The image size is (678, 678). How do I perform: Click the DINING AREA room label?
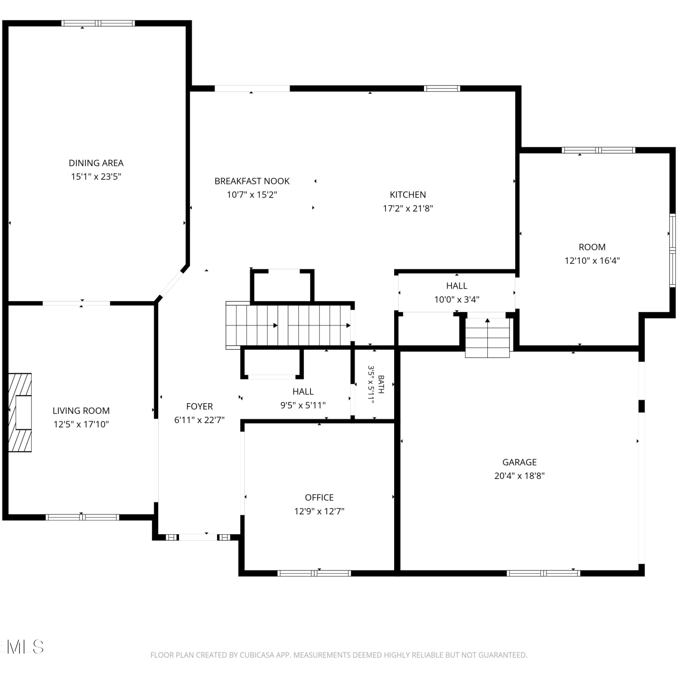coord(96,163)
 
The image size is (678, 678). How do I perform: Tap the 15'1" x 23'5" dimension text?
coord(96,176)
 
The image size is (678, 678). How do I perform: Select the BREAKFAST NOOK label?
coord(252,181)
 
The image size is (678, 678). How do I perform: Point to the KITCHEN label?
coord(408,194)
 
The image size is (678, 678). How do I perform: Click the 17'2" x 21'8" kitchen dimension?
coord(408,208)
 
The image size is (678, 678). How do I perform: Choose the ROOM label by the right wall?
coord(592,247)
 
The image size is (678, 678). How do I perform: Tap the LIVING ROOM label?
coord(81,410)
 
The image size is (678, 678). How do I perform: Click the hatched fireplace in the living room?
coord(20,412)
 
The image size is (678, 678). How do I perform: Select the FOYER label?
coord(199,406)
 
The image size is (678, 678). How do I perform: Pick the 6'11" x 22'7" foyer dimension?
coord(199,420)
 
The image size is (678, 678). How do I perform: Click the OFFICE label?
coord(319,497)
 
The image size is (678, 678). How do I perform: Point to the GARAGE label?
coord(519,462)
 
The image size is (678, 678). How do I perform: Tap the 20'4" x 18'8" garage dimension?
coord(519,476)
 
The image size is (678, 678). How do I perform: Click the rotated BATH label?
coord(381,384)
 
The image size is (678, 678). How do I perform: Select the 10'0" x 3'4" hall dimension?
coord(457,299)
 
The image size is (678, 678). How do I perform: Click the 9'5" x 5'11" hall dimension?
coord(303,405)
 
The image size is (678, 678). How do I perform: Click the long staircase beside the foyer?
coord(289,325)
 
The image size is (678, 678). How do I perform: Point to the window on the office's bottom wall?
coord(314,573)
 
